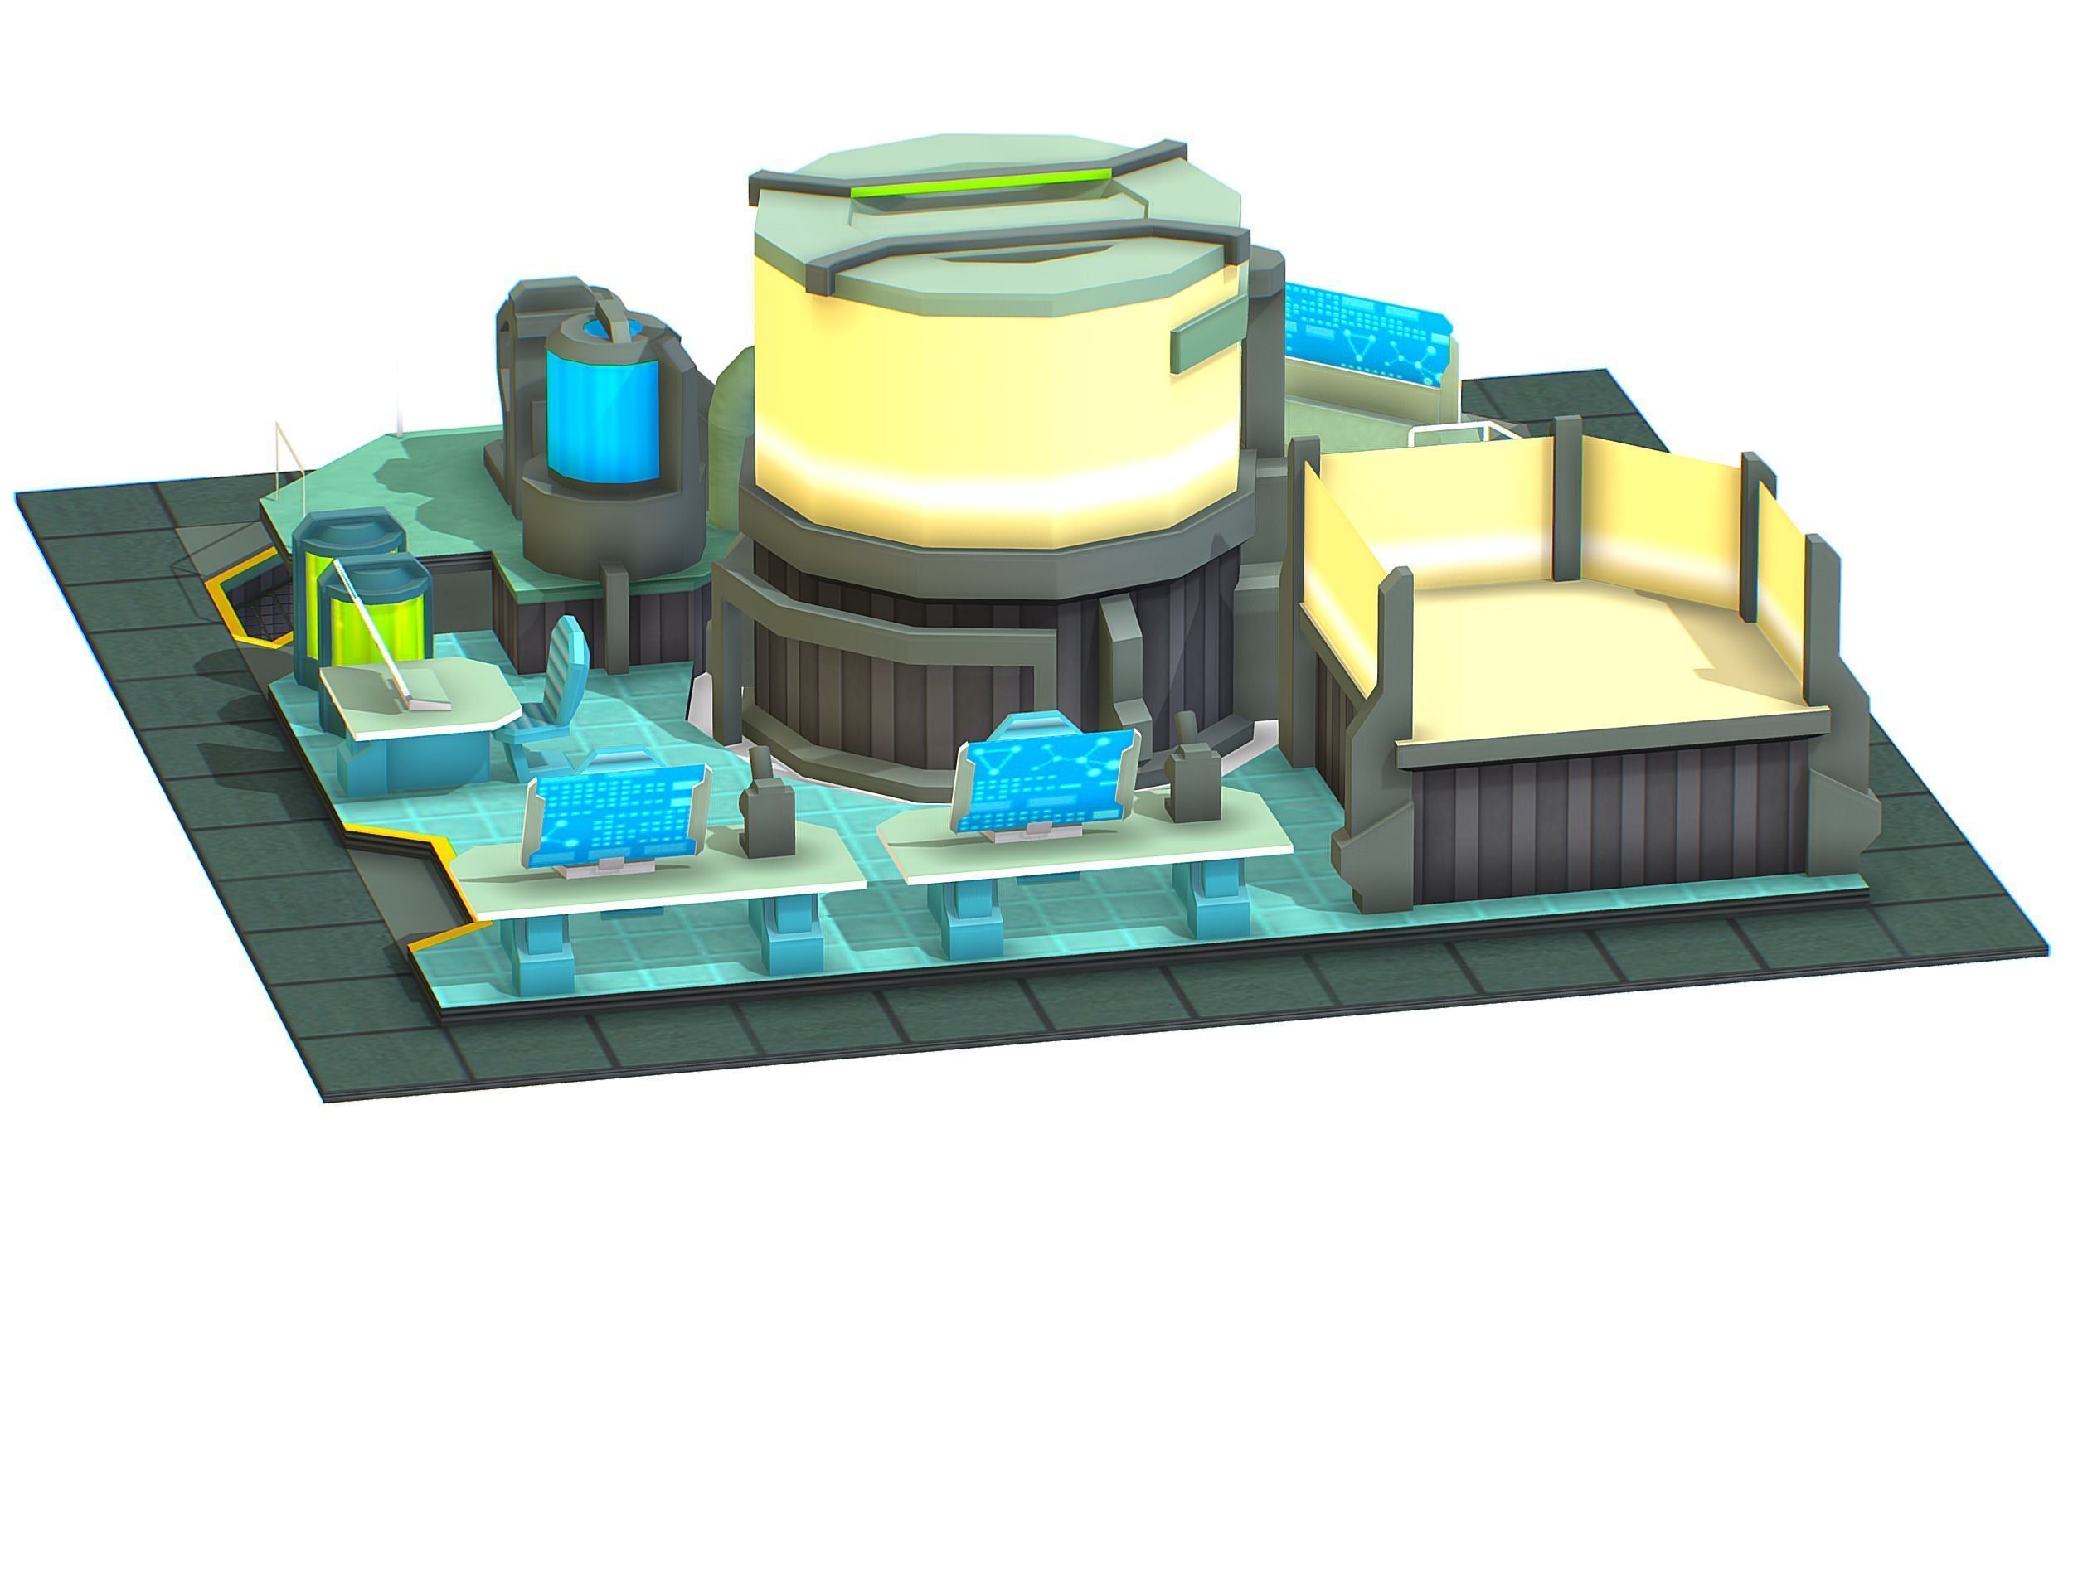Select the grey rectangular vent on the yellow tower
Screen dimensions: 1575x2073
click(x=1211, y=335)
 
